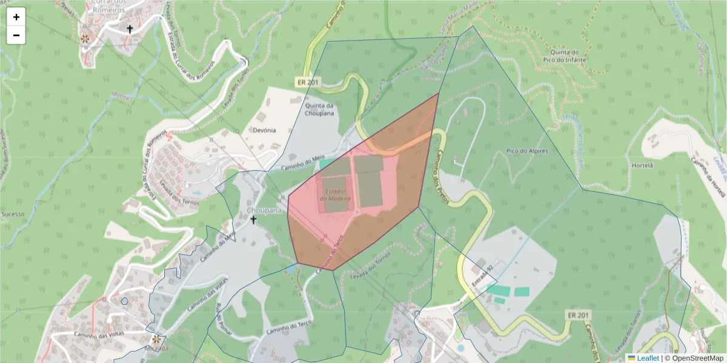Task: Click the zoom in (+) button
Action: pyautogui.click(x=16, y=17)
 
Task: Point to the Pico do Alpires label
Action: pyautogui.click(x=526, y=150)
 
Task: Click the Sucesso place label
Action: pyautogui.click(x=13, y=214)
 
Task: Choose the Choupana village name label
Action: pyautogui.click(x=265, y=211)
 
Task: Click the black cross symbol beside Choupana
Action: pyautogui.click(x=253, y=220)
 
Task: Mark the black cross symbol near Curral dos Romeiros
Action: pyautogui.click(x=130, y=28)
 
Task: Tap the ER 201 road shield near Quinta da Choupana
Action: pyautogui.click(x=307, y=82)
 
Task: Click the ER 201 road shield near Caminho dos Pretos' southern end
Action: pyautogui.click(x=579, y=315)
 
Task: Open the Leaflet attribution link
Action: pyautogui.click(x=647, y=358)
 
